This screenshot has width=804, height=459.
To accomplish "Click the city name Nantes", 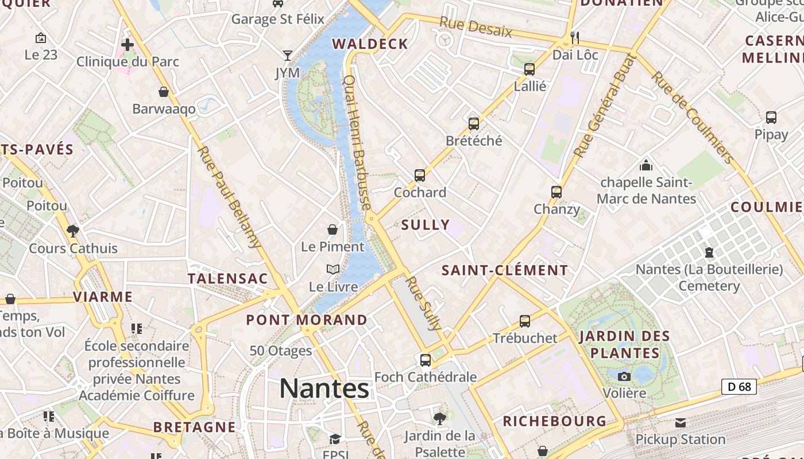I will [324, 388].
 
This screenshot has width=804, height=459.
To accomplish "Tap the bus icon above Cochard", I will [420, 176].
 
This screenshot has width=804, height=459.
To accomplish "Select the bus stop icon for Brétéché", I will [474, 123].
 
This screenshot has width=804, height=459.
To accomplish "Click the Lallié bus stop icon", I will [529, 69].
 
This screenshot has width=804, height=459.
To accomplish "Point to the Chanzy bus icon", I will [556, 192].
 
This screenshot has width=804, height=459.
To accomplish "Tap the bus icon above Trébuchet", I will [525, 321].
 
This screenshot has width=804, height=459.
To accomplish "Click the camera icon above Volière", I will [624, 376].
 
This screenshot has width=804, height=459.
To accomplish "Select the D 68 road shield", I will [739, 387].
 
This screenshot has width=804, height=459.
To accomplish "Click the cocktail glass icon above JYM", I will [288, 56].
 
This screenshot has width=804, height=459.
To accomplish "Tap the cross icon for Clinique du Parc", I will [127, 44].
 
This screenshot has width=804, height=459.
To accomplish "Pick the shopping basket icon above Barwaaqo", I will [164, 92].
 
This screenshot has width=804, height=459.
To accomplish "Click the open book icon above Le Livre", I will [333, 269].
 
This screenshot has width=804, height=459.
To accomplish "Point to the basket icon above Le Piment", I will [333, 229].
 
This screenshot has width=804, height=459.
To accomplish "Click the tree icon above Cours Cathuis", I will [72, 231].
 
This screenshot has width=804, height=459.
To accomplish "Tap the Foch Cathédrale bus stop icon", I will [426, 360].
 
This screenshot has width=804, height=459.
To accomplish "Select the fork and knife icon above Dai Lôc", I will [575, 38].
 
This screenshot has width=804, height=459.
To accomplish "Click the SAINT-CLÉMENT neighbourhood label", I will [505, 270].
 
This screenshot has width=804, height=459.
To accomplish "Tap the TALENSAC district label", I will [228, 279].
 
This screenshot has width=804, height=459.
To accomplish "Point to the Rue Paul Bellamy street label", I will [229, 197].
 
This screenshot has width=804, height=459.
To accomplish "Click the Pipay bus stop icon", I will [771, 118].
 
